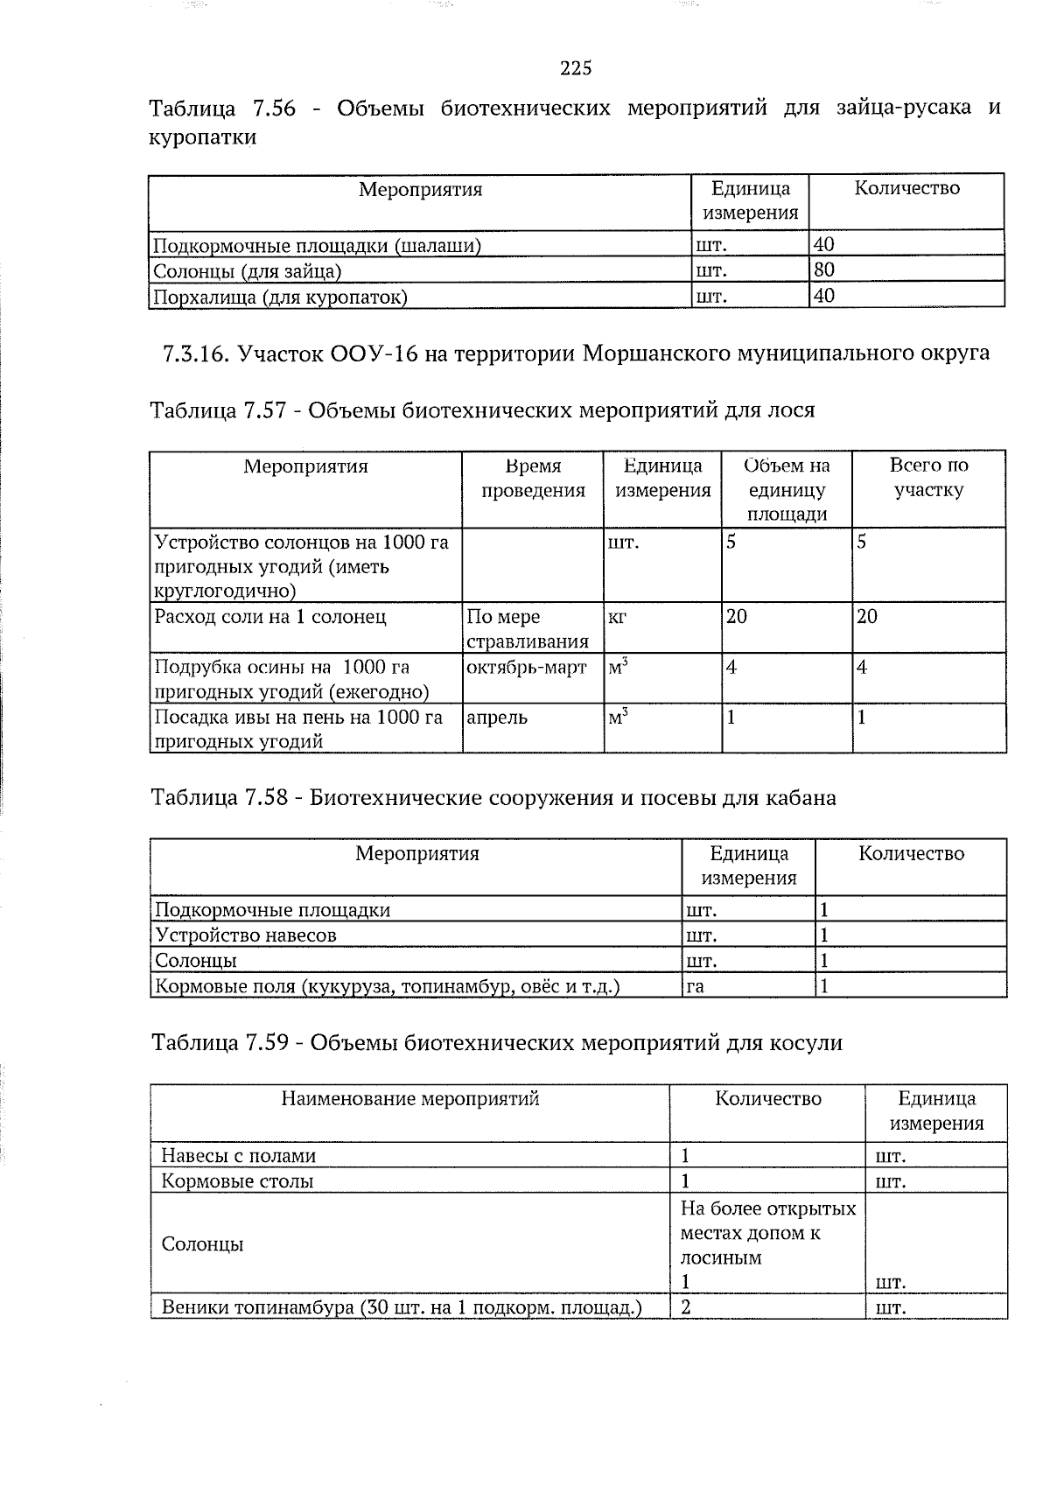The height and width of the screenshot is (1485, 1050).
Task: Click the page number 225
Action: tap(576, 68)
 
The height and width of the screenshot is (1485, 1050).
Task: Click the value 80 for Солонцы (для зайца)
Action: tap(824, 270)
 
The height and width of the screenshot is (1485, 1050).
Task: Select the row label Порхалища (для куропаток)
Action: tap(280, 297)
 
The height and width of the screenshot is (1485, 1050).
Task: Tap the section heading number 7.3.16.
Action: tap(194, 354)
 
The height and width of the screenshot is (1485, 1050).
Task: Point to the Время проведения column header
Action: tap(533, 478)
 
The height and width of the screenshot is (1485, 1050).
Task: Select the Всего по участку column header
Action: tap(928, 478)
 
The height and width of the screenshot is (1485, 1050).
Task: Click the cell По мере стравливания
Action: tap(527, 629)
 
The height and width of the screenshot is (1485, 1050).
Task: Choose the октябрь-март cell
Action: tap(527, 668)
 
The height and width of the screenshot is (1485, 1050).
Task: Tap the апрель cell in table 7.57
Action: tap(496, 718)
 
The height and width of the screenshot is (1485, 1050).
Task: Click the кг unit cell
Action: tap(617, 617)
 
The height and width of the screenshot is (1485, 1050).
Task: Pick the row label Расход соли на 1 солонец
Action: tap(270, 617)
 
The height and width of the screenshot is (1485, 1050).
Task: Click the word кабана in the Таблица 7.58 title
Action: tap(801, 798)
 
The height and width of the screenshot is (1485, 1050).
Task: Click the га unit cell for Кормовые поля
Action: tap(695, 987)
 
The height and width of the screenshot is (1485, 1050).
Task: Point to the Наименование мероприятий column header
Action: tap(409, 1098)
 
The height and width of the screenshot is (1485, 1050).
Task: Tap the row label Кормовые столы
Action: tap(237, 1180)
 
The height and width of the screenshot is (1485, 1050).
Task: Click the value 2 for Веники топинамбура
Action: tap(686, 1308)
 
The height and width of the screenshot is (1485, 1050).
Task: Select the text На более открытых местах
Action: tap(767, 1221)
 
